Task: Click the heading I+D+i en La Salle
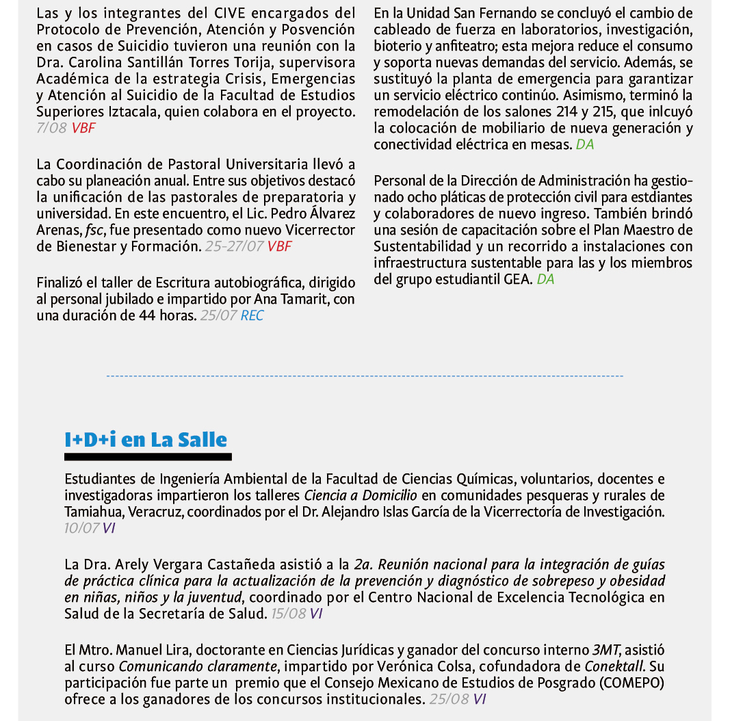(x=146, y=439)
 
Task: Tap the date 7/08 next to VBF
(x=51, y=128)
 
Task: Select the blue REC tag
(x=252, y=315)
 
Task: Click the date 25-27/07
(x=234, y=246)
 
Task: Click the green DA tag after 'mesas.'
(x=585, y=144)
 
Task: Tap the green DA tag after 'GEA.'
(x=546, y=279)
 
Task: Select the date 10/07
(x=81, y=528)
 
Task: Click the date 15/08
(x=288, y=614)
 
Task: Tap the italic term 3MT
(x=606, y=650)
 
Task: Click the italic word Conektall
(x=613, y=666)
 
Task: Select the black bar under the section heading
(x=148, y=456)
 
